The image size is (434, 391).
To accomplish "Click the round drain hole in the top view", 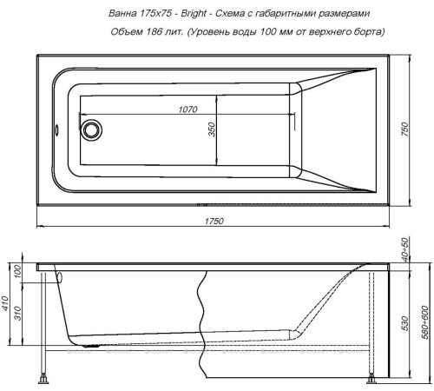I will [x=91, y=130].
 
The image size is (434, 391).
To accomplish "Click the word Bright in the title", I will [x=194, y=14].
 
